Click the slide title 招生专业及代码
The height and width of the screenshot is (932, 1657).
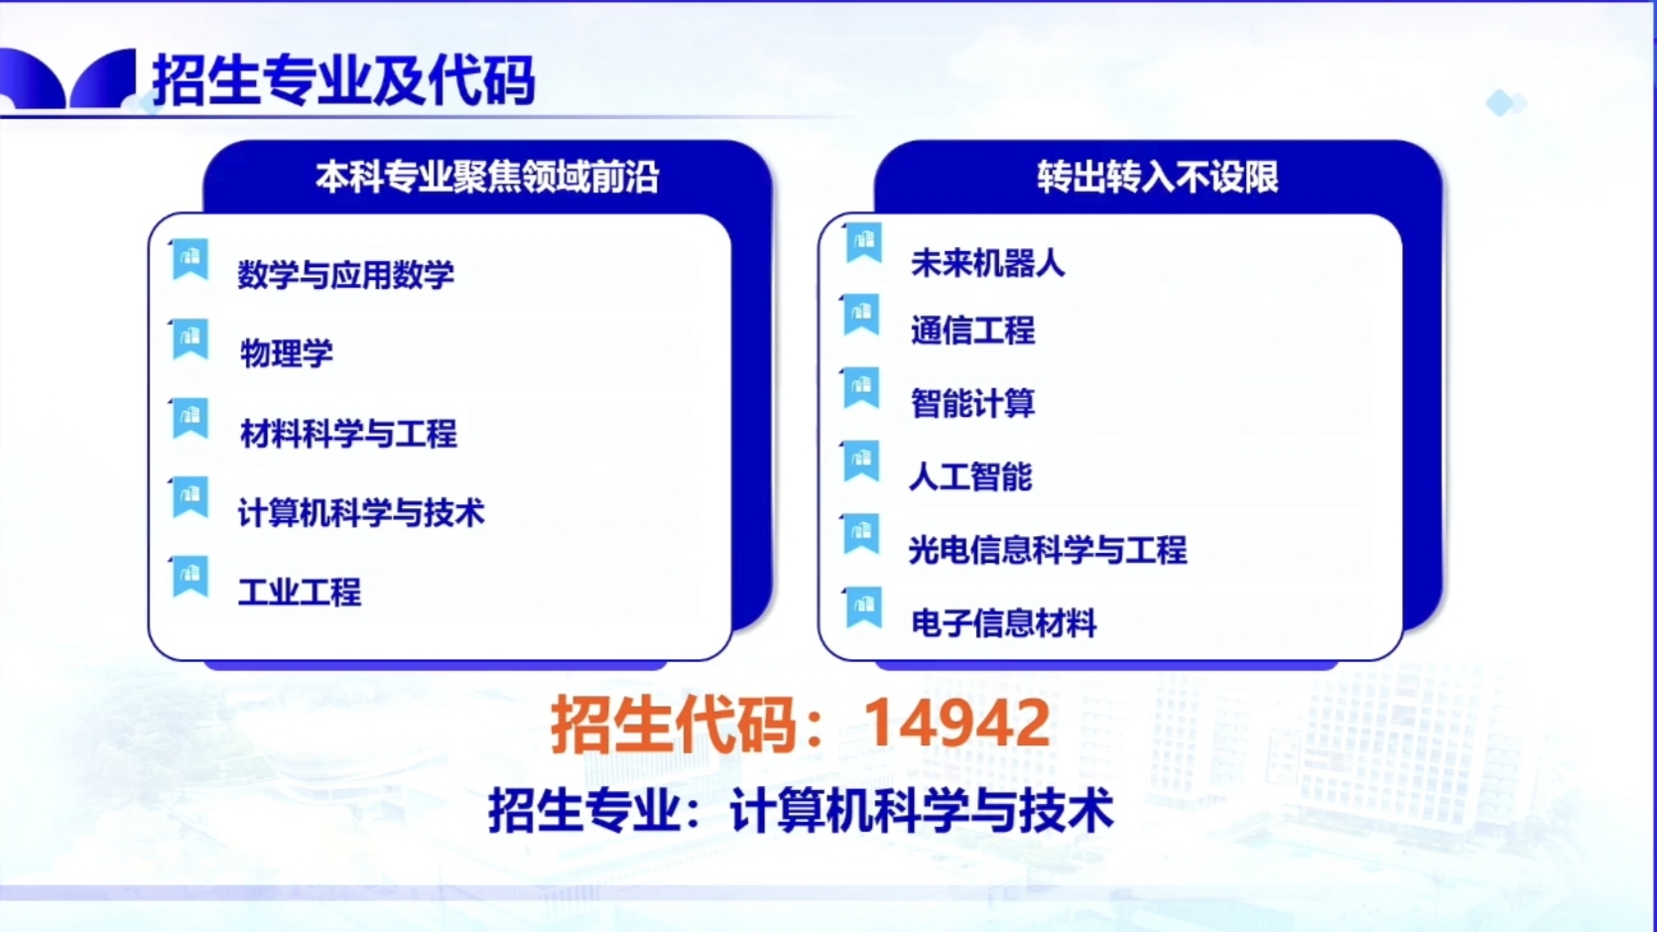tap(343, 80)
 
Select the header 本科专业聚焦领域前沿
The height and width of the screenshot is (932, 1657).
tap(487, 178)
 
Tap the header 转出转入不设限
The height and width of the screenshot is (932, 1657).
tap(1158, 178)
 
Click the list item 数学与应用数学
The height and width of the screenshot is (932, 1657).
tap(345, 275)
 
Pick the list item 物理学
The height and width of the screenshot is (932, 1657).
tap(287, 354)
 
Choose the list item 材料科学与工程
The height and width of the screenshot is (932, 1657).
tap(348, 434)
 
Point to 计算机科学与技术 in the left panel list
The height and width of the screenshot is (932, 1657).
tap(361, 513)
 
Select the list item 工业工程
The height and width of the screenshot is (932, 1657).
tap(300, 593)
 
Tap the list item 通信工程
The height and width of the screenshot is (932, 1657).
tap(972, 331)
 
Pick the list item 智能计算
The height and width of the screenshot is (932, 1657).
tap(972, 404)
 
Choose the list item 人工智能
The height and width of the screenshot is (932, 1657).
tap(970, 477)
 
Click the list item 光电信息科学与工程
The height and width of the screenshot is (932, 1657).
tap(1048, 551)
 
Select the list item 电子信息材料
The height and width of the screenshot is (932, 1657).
tap(1004, 623)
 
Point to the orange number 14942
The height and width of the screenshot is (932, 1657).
tap(956, 724)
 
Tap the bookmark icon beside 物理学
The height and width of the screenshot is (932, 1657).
tap(190, 339)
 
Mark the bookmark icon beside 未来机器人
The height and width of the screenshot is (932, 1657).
tap(863, 243)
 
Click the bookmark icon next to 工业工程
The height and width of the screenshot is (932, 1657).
tap(190, 577)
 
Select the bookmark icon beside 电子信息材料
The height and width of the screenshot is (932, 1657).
tap(863, 608)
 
